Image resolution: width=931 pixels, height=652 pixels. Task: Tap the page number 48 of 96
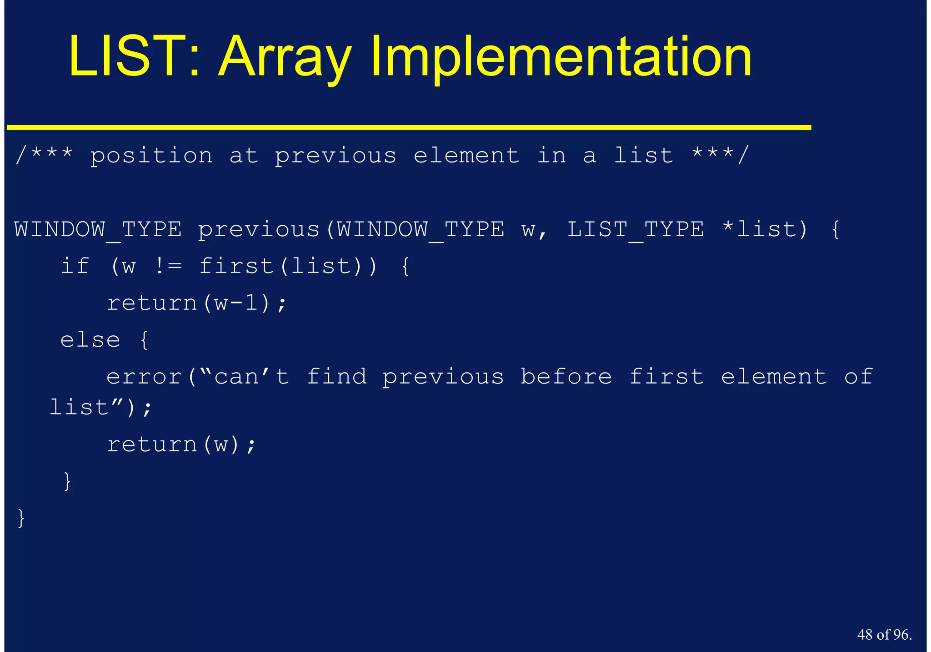click(884, 635)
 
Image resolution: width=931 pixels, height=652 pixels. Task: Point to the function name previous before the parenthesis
click(259, 230)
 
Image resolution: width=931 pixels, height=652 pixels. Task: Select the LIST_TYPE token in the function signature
click(636, 230)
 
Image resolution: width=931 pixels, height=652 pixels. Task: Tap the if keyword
click(75, 266)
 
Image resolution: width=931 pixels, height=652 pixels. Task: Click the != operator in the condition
click(168, 266)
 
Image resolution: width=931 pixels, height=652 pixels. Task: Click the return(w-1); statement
click(197, 303)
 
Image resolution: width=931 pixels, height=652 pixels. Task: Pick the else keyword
click(90, 340)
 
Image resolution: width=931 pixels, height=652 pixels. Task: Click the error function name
click(144, 377)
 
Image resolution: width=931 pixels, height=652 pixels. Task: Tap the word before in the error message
click(566, 377)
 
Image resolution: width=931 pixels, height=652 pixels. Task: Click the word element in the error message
click(774, 377)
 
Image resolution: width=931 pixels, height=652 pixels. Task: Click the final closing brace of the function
click(21, 519)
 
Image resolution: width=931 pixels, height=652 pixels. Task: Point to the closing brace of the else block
click(67, 482)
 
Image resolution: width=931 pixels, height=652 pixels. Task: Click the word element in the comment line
click(466, 156)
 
